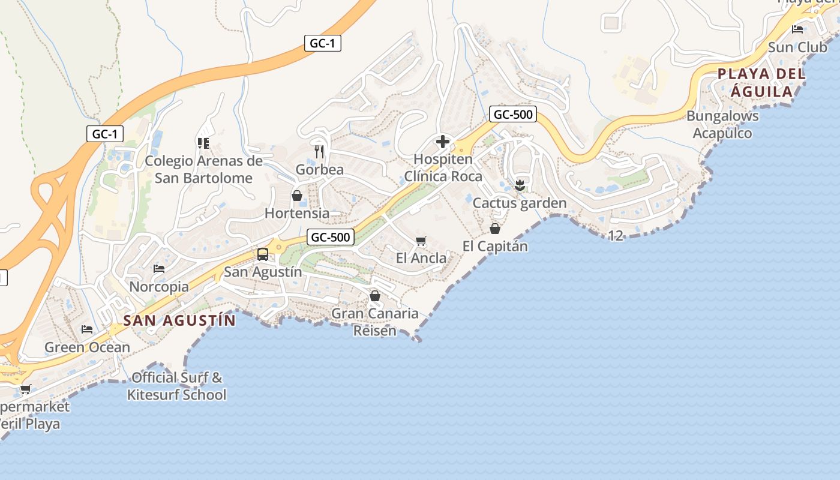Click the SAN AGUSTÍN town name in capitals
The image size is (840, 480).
[179, 320]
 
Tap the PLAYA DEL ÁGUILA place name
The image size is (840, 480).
[761, 83]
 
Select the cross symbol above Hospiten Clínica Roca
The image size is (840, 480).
[443, 142]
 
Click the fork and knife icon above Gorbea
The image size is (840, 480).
[319, 151]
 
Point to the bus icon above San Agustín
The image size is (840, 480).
[263, 254]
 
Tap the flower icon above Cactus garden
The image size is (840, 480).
[520, 185]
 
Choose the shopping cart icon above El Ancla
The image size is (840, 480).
[421, 241]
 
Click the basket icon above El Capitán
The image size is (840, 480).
[495, 229]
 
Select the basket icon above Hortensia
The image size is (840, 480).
[296, 196]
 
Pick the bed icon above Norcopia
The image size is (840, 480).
[159, 269]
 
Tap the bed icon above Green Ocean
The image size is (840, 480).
[87, 329]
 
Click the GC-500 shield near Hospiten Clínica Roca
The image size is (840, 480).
[512, 114]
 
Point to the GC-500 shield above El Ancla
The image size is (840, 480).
[331, 237]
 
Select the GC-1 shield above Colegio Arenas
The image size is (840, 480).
[104, 134]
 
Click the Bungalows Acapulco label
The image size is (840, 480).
[722, 124]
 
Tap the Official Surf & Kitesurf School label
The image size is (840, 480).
[177, 386]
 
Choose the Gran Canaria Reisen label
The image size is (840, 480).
[375, 322]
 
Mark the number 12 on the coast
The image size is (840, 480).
[616, 236]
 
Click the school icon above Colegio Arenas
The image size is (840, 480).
[203, 143]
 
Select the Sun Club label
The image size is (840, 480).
[797, 47]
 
